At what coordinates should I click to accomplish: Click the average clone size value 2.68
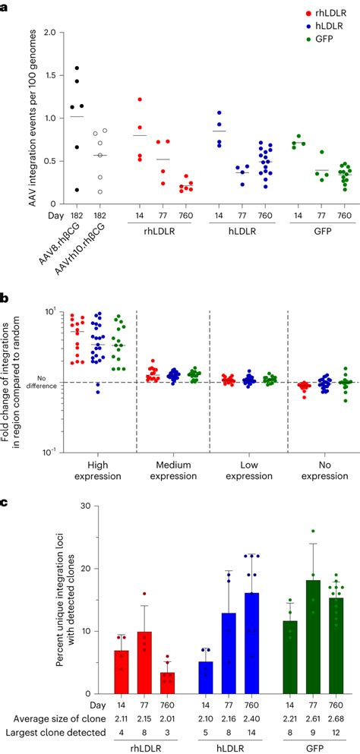click(332, 719)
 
